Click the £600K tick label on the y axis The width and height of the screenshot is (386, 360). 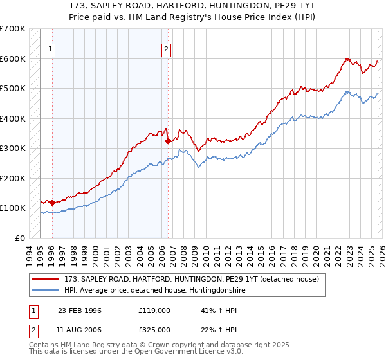[13, 59]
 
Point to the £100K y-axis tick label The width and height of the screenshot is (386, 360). [13, 208]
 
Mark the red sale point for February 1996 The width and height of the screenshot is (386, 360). [52, 203]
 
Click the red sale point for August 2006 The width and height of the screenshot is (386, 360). [168, 141]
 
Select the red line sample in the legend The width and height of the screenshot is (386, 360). [47, 279]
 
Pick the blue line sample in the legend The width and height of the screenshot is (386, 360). [47, 290]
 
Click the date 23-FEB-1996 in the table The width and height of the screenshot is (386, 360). [80, 310]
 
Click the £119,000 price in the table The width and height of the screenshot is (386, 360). [154, 310]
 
